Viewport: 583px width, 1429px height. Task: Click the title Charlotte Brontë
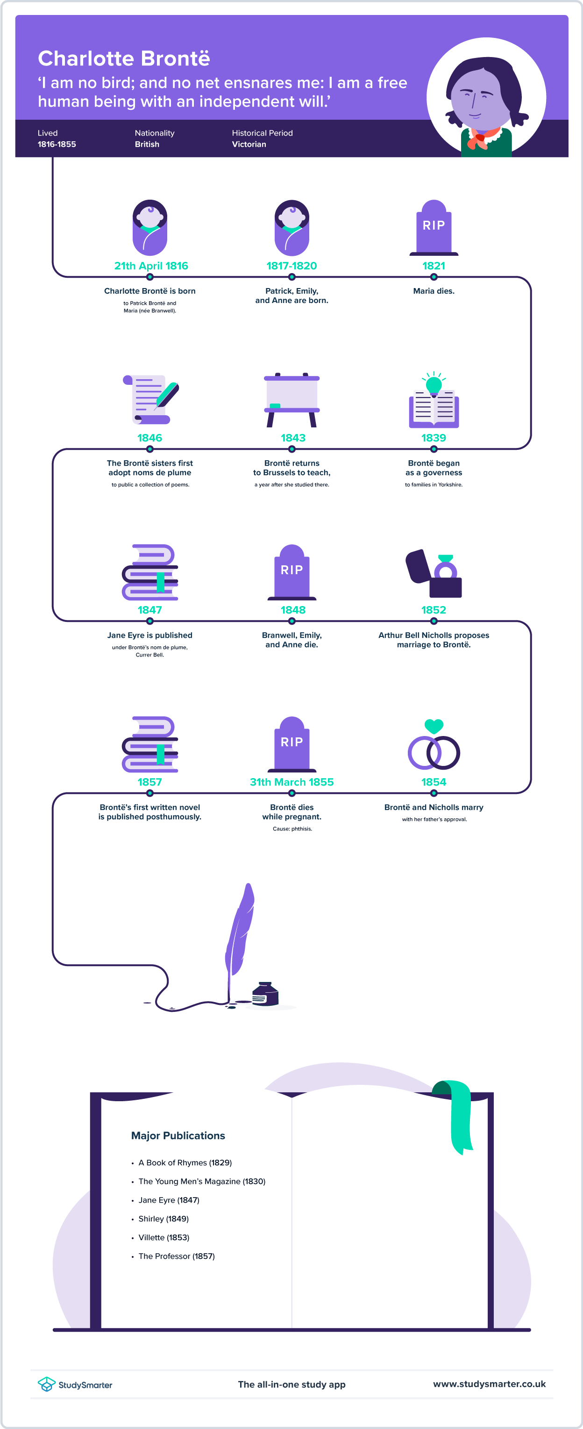[x=124, y=58]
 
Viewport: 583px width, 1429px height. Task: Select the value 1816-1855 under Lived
[x=57, y=144]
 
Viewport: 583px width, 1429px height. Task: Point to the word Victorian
[x=249, y=144]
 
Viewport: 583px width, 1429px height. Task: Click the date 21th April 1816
[x=151, y=266]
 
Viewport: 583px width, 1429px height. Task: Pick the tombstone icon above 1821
[x=434, y=227]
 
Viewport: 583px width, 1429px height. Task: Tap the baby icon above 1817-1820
[x=291, y=227]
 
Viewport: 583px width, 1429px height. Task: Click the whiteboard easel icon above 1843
[x=292, y=400]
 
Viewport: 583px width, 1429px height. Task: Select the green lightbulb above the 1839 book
[x=434, y=383]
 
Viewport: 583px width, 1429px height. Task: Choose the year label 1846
[x=149, y=438]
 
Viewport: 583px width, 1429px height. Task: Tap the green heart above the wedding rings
[x=434, y=726]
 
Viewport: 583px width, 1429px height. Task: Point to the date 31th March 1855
[x=291, y=782]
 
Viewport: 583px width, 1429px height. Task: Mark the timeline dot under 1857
[x=149, y=793]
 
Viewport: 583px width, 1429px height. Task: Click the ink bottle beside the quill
[x=265, y=994]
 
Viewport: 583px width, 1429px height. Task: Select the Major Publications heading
[x=178, y=1135]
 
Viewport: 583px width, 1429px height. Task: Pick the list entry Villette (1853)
[x=164, y=1237]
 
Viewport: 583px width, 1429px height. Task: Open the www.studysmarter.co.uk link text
[x=489, y=1384]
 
